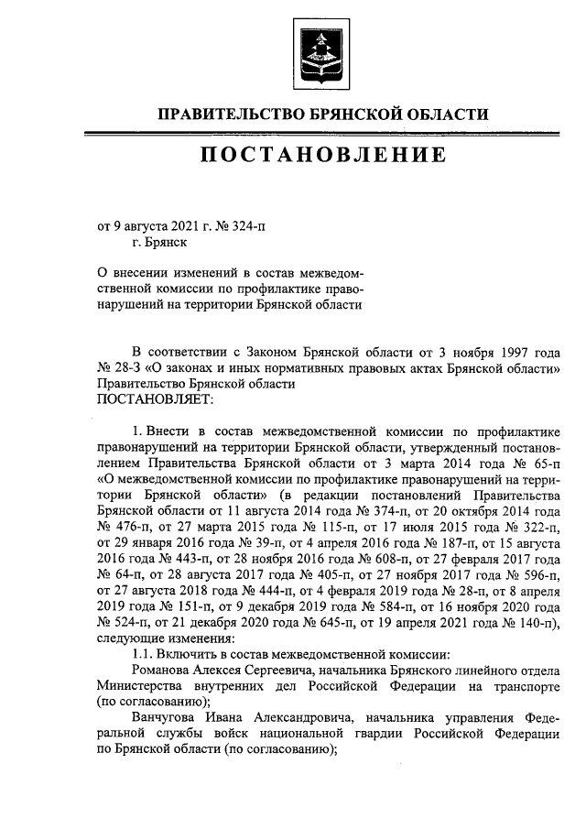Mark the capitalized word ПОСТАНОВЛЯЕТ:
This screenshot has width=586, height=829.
click(154, 399)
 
